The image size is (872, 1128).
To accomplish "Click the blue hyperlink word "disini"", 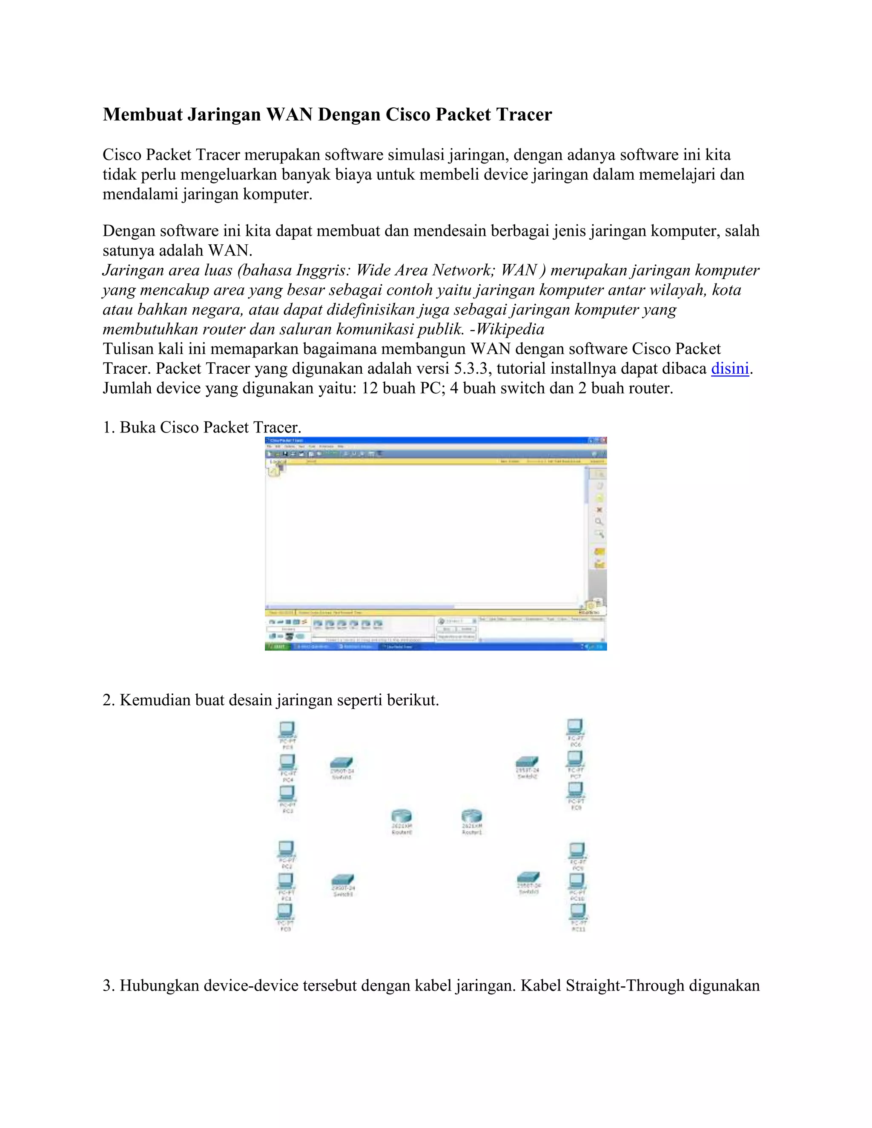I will click(x=729, y=369).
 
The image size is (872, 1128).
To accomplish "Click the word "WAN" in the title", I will click(x=289, y=114).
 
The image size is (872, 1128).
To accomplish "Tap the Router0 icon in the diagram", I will click(x=402, y=816).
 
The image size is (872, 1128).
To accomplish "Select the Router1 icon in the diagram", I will click(x=471, y=816).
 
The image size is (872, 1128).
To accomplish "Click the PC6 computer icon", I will click(x=575, y=727).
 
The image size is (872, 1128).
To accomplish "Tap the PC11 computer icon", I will click(x=577, y=912).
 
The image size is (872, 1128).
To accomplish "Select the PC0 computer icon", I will click(x=286, y=912).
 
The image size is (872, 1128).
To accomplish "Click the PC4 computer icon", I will click(x=287, y=762).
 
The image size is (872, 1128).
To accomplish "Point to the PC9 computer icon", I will click(x=577, y=850).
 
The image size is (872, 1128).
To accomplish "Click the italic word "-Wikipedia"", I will click(x=507, y=329).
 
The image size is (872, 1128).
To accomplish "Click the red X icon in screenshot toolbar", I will click(x=599, y=510).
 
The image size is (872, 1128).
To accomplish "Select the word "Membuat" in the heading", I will click(x=142, y=114).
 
